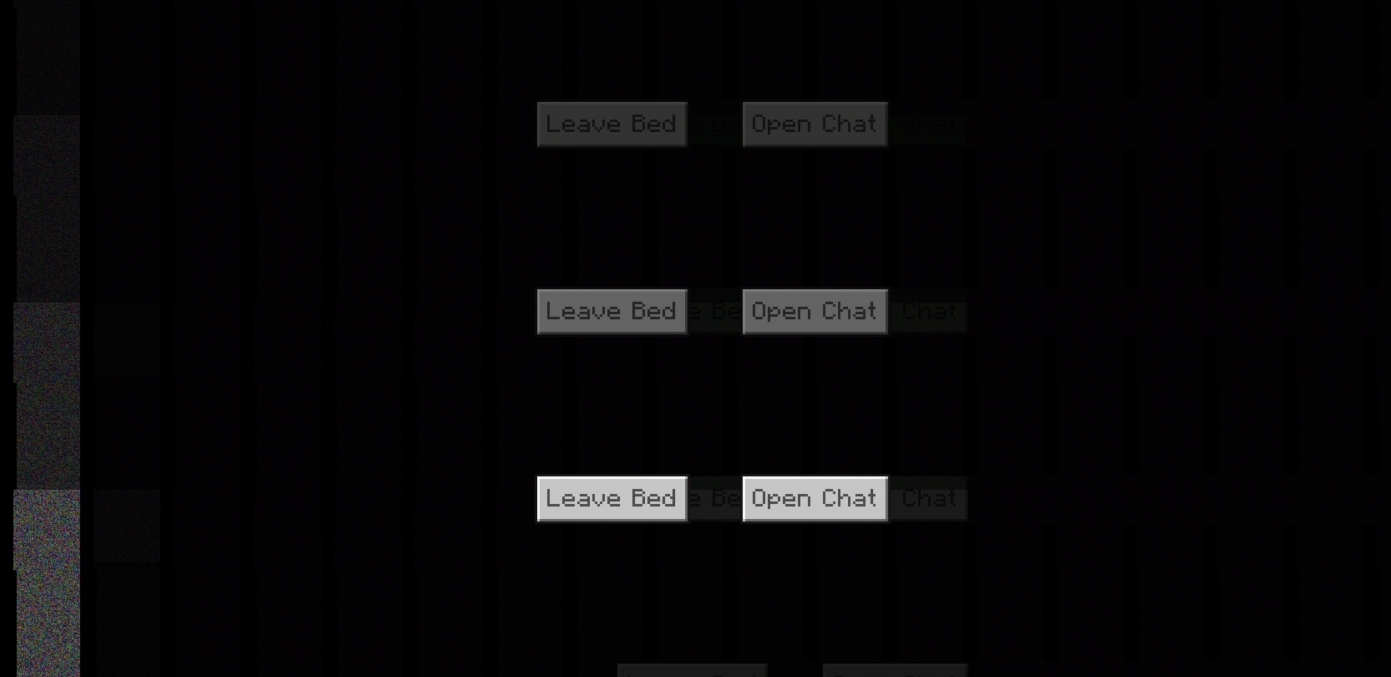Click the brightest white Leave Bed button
click(612, 499)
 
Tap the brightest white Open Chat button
click(815, 499)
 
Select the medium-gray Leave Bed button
click(612, 312)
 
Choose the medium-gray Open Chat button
click(815, 312)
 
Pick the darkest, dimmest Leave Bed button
click(612, 124)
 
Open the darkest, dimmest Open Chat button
click(815, 124)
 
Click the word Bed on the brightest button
click(654, 498)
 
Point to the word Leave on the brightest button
click(583, 498)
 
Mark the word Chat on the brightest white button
click(849, 498)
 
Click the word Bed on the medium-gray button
click(654, 311)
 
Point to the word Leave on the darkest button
click(583, 123)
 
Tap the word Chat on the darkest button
click(849, 123)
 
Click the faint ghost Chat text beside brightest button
click(929, 498)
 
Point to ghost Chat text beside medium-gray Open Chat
click(929, 311)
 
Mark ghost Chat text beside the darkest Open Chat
click(929, 124)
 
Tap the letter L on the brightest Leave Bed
click(551, 498)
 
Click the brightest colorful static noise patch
click(48, 583)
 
